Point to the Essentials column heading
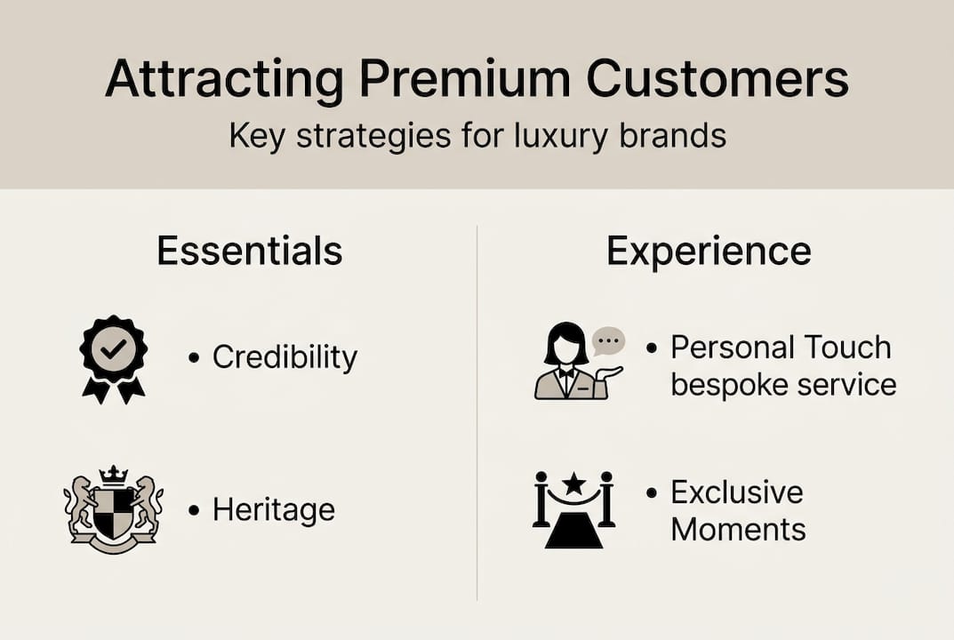click(250, 252)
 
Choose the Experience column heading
click(709, 252)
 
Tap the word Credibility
click(285, 357)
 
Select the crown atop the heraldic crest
click(113, 475)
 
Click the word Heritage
click(273, 510)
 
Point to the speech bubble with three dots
click(609, 341)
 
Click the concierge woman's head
click(565, 343)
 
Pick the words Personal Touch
click(781, 348)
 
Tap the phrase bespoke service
click(782, 385)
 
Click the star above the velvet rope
click(574, 484)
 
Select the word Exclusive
click(736, 492)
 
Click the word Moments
click(738, 530)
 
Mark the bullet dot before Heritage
click(194, 511)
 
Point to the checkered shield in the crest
click(113, 514)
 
